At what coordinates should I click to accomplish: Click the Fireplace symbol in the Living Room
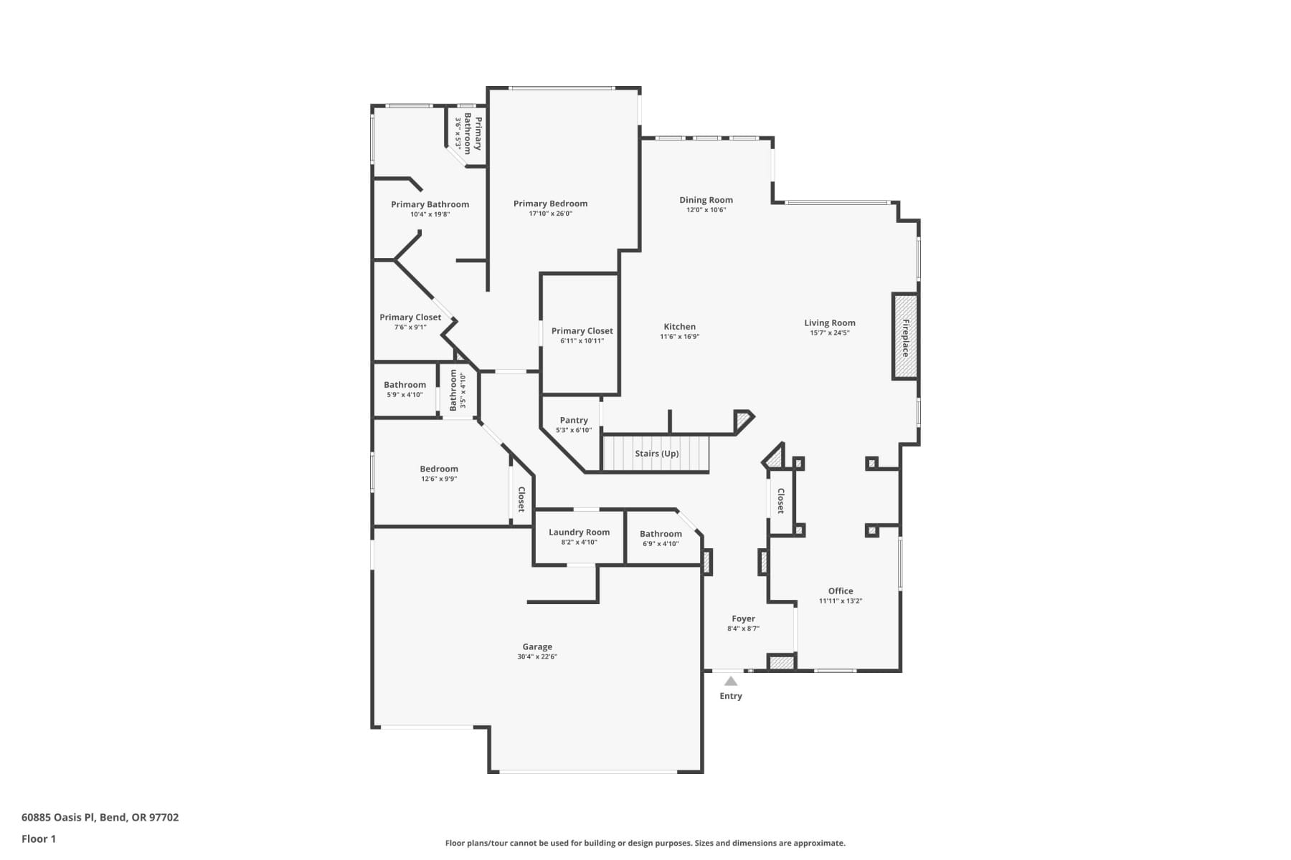[x=904, y=336]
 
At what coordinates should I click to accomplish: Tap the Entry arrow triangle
[x=730, y=682]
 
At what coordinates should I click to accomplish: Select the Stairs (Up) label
[x=656, y=454]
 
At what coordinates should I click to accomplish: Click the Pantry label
[x=574, y=421]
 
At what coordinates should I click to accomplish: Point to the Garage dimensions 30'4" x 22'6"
[x=537, y=656]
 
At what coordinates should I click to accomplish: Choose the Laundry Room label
[x=579, y=532]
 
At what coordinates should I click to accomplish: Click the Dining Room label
[x=706, y=201]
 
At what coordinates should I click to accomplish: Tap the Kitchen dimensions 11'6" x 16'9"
[x=679, y=337]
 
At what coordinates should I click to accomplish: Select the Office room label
[x=841, y=591]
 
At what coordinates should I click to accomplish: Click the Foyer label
[x=743, y=618]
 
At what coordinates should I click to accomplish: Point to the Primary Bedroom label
[x=550, y=204]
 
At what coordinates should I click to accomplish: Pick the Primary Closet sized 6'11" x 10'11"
[x=582, y=331]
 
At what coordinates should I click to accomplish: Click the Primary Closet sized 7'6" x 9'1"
[x=410, y=317]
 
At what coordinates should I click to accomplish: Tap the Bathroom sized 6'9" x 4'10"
[x=661, y=534]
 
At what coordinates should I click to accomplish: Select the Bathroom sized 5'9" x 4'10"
[x=405, y=385]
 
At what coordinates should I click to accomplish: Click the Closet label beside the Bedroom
[x=521, y=499]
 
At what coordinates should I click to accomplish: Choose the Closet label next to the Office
[x=781, y=501]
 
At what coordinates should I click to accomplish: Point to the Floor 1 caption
[x=39, y=838]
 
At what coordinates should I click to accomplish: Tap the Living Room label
[x=829, y=323]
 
